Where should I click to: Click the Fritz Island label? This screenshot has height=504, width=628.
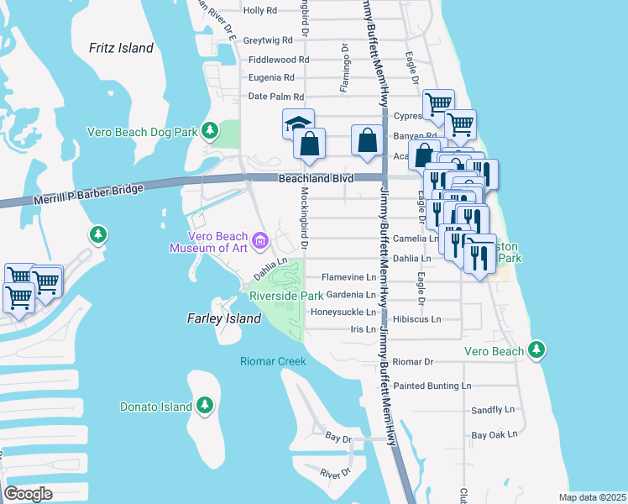[121, 48]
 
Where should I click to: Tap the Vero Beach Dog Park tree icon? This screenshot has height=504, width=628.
[210, 132]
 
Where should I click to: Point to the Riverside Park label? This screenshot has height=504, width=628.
[286, 296]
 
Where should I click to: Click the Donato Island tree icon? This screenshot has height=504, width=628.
[205, 407]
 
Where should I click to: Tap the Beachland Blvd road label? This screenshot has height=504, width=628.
[317, 178]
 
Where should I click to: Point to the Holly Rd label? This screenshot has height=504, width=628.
[259, 10]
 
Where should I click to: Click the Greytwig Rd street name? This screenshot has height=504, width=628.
[267, 39]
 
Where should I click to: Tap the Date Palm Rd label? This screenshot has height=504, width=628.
[275, 97]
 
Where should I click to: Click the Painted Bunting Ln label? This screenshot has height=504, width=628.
[432, 386]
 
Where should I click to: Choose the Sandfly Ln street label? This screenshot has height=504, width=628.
[492, 410]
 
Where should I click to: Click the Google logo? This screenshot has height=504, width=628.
[28, 494]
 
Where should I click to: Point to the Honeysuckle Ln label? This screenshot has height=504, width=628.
[343, 312]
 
